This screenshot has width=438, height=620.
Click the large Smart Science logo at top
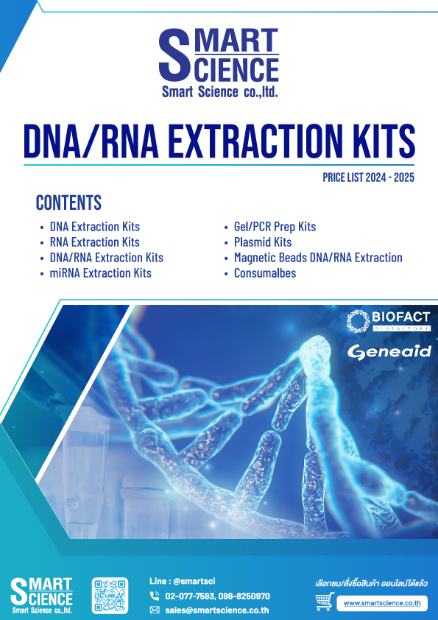point(219,63)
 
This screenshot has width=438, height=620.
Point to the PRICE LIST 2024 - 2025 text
point(368,177)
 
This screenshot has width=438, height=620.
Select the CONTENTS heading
point(68,202)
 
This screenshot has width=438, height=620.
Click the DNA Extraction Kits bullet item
point(95,227)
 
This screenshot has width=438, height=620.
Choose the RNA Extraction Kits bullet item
point(95,242)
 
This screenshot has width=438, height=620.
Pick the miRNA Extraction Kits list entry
point(100,273)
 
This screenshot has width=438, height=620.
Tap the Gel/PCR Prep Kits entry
point(275,227)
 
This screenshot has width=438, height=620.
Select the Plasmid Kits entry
point(263,242)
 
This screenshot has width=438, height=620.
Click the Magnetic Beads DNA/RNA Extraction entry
point(318,258)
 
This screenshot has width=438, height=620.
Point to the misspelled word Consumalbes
point(265,273)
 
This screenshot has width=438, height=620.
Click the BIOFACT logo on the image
point(389,321)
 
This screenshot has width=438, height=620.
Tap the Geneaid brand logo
point(389,352)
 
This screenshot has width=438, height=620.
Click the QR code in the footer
point(110,596)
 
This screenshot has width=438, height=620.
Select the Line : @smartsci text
point(183,581)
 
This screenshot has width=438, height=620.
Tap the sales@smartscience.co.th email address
point(217,610)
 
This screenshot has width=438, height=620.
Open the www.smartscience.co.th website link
point(382,603)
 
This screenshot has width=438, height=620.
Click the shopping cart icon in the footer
point(325,602)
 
